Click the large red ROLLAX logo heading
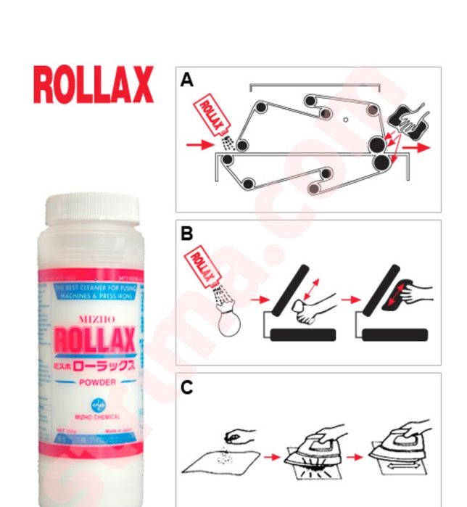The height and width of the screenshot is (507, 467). [x=93, y=85]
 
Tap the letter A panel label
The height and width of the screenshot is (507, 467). [x=187, y=81]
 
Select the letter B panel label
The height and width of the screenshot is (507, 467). [x=187, y=234]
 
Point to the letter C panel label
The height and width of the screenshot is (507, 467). [x=187, y=387]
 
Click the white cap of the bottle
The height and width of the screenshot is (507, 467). [x=91, y=208]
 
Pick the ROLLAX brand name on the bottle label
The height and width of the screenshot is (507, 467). [x=92, y=338]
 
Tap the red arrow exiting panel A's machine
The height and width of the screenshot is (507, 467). [x=416, y=147]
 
